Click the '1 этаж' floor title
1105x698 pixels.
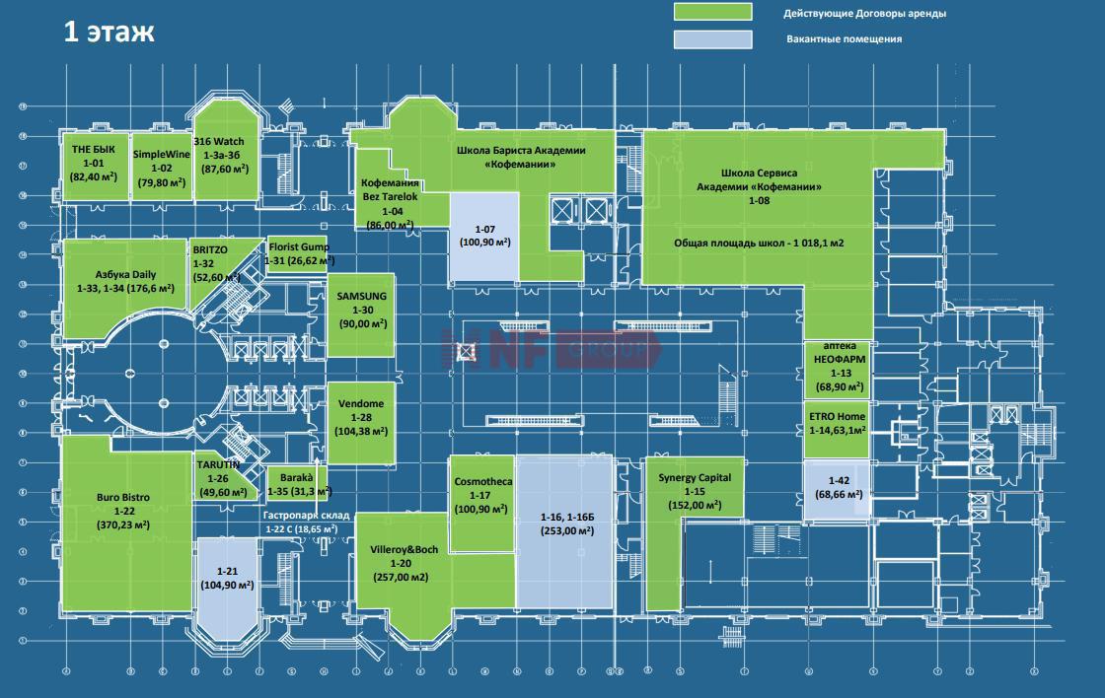[x=109, y=32]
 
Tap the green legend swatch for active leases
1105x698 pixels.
[x=711, y=13]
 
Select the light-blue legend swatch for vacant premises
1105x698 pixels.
[x=711, y=39]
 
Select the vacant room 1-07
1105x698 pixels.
[x=483, y=237]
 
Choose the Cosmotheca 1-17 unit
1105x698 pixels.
[x=480, y=498]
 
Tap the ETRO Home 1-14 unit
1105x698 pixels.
[x=837, y=424]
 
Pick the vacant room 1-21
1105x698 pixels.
[x=227, y=582]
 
